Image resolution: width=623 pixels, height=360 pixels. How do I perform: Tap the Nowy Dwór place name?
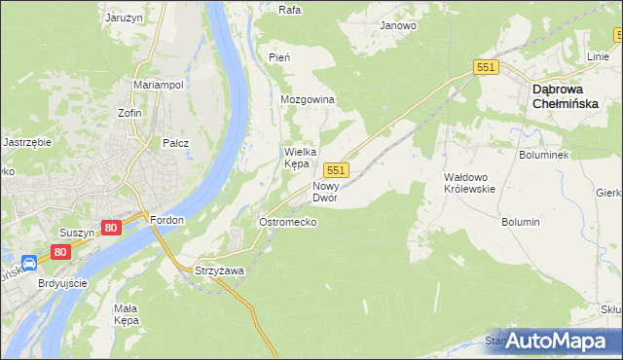pyautogui.click(x=325, y=191)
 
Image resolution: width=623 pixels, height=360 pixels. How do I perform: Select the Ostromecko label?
pyautogui.click(x=286, y=222)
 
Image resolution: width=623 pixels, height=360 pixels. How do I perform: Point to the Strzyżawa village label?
pyautogui.click(x=219, y=270)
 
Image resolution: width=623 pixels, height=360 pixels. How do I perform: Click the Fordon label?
pyautogui.click(x=167, y=220)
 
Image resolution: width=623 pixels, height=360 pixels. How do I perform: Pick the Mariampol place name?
pyautogui.click(x=159, y=85)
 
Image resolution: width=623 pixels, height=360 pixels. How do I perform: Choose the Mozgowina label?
pyautogui.click(x=308, y=100)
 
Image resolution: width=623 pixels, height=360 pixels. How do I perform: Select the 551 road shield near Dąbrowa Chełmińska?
pyautogui.click(x=487, y=67)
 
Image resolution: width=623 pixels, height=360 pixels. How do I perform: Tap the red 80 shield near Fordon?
pyautogui.click(x=110, y=227)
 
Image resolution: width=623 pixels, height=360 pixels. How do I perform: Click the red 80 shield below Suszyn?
pyautogui.click(x=61, y=251)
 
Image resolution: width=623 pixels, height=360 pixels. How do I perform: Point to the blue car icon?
pyautogui.click(x=29, y=262)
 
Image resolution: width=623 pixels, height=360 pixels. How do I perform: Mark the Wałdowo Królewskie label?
pyautogui.click(x=470, y=183)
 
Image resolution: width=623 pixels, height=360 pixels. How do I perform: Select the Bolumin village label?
pyautogui.click(x=521, y=222)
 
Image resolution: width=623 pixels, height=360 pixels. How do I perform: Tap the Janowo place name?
pyautogui.click(x=398, y=25)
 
